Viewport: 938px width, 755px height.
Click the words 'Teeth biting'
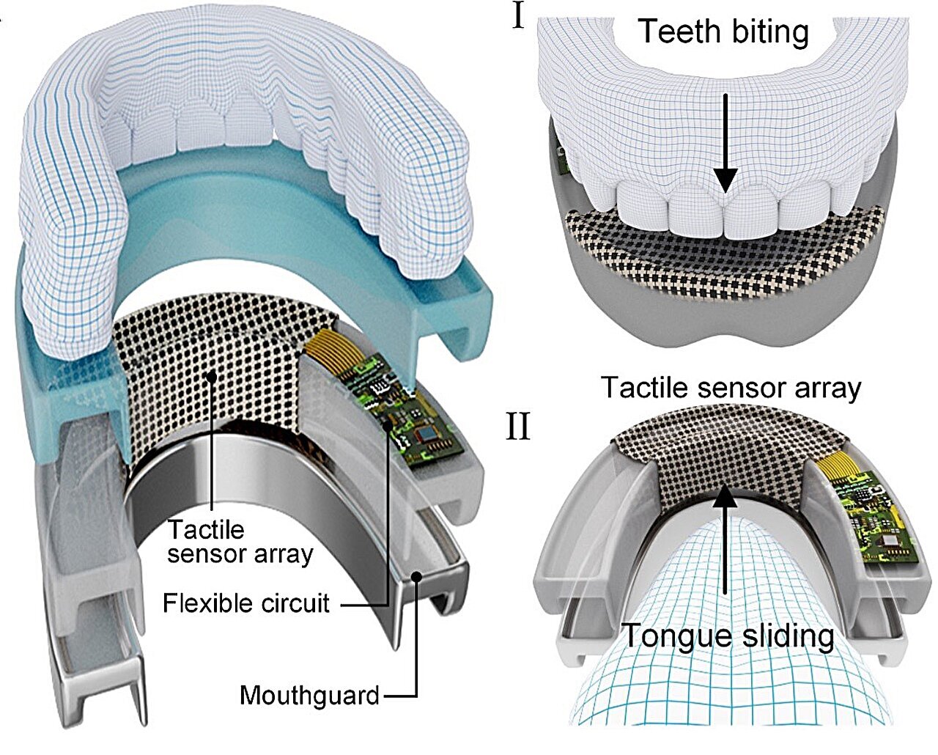(723, 32)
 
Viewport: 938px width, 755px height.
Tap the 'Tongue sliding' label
(728, 635)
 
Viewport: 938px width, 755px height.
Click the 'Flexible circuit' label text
(246, 603)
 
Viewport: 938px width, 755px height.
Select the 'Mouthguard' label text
(309, 694)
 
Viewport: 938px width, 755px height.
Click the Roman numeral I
(519, 16)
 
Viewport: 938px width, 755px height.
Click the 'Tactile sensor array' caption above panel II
(731, 387)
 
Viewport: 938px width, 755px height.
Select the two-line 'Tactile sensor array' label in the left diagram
(240, 541)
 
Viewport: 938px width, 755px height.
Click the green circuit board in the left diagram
(414, 418)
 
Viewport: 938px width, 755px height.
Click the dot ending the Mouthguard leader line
(416, 576)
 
